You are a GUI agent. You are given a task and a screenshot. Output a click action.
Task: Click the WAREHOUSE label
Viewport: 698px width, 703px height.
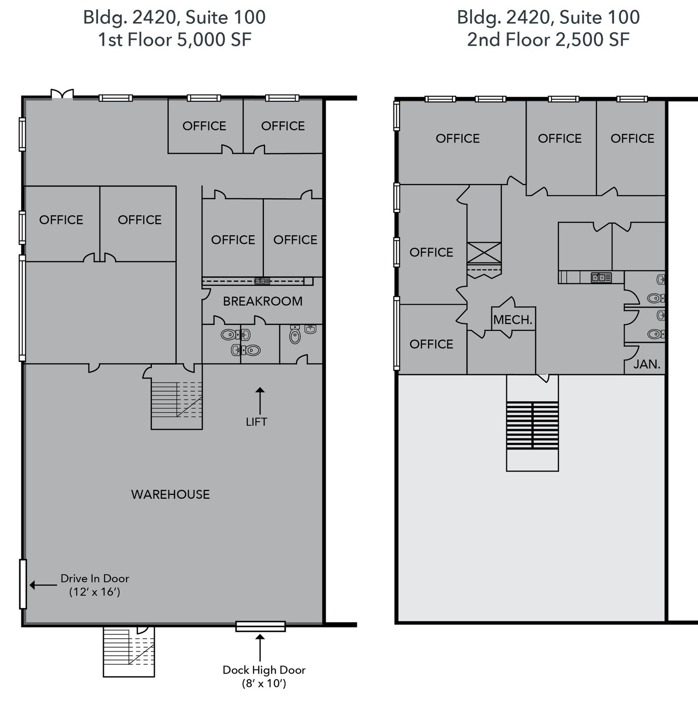coord(170,494)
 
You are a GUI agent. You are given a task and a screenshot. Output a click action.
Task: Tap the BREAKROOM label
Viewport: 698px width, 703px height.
coord(263,301)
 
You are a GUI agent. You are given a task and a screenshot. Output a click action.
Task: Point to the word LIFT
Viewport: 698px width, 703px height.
coord(257,422)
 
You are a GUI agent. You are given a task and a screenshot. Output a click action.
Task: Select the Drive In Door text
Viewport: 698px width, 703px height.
coord(95,578)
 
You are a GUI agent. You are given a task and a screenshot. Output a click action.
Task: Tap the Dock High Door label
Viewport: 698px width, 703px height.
coord(264,670)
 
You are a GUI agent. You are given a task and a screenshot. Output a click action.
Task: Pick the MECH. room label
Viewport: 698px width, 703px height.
coord(513,320)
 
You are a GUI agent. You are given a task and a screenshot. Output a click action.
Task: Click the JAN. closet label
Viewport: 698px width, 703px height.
coord(647,364)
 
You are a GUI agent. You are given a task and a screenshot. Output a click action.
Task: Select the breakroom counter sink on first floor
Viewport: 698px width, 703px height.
coord(262,281)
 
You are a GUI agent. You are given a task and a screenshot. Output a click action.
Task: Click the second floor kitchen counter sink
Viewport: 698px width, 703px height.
coord(601,277)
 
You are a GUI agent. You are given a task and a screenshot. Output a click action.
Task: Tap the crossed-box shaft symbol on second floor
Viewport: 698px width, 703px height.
coord(484,254)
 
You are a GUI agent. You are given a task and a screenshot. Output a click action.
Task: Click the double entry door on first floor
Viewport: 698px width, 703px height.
coord(62,94)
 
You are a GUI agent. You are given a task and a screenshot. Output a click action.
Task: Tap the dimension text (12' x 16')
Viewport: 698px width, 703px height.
coord(95,592)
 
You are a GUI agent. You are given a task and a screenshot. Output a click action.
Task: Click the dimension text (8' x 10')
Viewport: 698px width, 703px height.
coord(264,683)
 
